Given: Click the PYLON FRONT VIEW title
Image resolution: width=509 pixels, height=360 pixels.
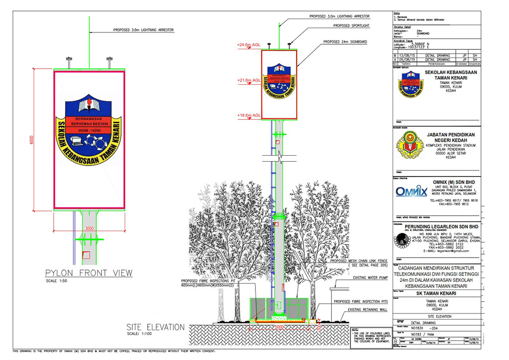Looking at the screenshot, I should [x=89, y=272].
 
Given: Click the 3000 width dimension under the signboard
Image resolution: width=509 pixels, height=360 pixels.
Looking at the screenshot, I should [x=89, y=228].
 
